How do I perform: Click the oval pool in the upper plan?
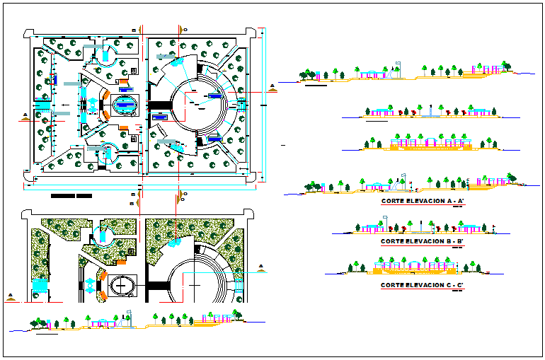(126, 105)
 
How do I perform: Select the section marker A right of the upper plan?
(272, 87)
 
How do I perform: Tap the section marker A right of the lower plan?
(262, 268)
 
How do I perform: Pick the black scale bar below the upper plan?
(71, 195)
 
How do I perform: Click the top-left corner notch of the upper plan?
(27, 33)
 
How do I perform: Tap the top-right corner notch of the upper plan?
(252, 33)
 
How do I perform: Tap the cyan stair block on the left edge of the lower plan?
(39, 286)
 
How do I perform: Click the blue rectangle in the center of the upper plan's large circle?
(215, 94)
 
